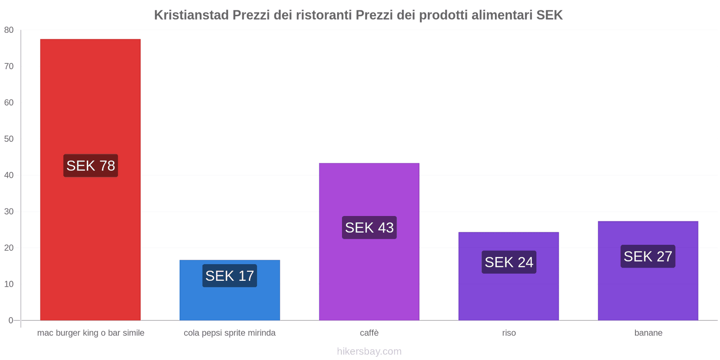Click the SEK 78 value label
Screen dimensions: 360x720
[x=90, y=166]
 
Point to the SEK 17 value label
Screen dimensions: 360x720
[x=229, y=275]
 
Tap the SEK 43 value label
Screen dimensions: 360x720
[x=369, y=227]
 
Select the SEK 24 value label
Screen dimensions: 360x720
[x=508, y=262]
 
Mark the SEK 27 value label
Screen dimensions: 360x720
[x=648, y=256]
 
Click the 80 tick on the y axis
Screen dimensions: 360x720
[x=9, y=30]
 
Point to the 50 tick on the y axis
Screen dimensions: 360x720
[x=9, y=139]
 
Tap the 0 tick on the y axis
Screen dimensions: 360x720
[x=11, y=320]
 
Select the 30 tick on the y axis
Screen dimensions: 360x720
[x=9, y=211]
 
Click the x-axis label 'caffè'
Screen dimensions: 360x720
[x=369, y=333]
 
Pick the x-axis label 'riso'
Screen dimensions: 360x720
[x=509, y=333]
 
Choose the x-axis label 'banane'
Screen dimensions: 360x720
[x=648, y=333]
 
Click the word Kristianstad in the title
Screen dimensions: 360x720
[x=191, y=15]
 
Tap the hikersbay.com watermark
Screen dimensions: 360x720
[x=369, y=351]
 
